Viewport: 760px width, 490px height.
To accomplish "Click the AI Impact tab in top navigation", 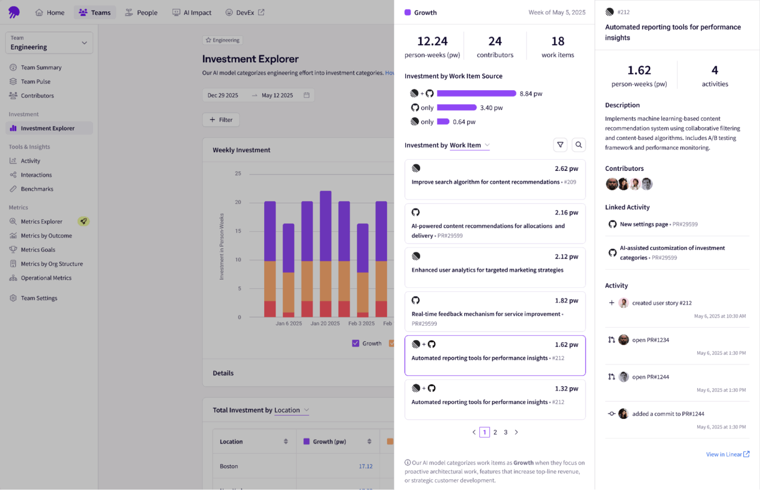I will point(192,12).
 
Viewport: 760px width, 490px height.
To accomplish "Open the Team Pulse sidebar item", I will point(36,82).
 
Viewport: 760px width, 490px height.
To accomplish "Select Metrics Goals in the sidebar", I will point(38,250).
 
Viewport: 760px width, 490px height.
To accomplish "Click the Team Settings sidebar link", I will point(39,298).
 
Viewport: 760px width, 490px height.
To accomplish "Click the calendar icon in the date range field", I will point(306,95).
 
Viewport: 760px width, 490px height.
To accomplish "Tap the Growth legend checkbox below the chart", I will point(355,343).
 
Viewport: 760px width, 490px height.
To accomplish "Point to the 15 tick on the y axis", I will point(238,231).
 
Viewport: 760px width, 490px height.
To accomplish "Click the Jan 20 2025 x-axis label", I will point(325,323).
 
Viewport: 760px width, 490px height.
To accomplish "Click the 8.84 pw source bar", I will point(476,94).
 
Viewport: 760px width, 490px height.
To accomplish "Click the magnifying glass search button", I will point(578,145).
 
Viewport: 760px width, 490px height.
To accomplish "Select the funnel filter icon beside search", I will point(560,145).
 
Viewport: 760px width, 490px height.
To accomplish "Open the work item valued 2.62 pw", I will point(495,179).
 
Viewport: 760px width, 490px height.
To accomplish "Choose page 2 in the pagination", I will point(495,432).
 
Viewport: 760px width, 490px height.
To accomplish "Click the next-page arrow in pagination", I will point(516,432).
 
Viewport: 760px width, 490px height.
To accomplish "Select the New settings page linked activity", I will point(644,224).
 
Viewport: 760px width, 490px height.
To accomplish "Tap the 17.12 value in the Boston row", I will point(365,466).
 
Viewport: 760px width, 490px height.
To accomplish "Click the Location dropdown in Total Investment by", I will point(291,410).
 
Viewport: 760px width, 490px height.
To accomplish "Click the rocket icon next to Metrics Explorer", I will point(84,221).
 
